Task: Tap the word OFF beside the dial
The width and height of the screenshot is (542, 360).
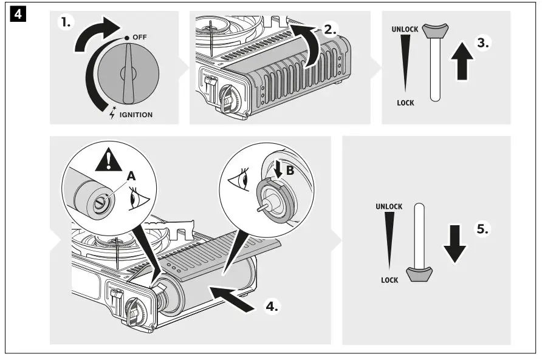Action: pyautogui.click(x=139, y=37)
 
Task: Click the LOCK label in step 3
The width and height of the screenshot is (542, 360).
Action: pyautogui.click(x=405, y=103)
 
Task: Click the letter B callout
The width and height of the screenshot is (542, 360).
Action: pyautogui.click(x=290, y=171)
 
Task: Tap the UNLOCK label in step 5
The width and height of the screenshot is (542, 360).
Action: pyautogui.click(x=388, y=206)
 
